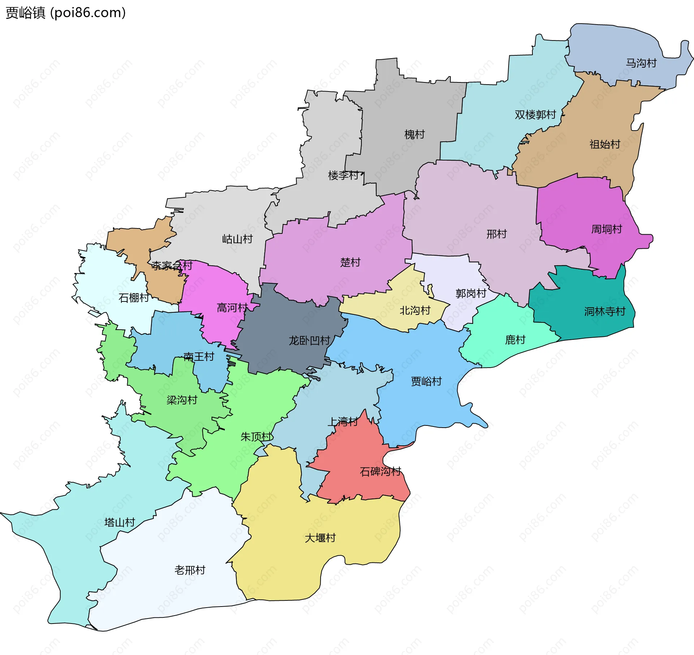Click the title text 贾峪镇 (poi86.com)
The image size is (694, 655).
[65, 13]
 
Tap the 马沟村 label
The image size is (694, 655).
[641, 63]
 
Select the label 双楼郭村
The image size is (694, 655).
[535, 115]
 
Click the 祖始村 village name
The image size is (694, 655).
[605, 145]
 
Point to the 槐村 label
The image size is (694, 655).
[414, 135]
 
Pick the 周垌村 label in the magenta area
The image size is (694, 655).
[606, 229]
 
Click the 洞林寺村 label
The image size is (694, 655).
[604, 312]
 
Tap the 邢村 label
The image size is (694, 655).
[496, 234]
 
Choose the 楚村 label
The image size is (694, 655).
[350, 262]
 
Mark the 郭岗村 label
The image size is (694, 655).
[471, 294]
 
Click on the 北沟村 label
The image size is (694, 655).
[415, 311]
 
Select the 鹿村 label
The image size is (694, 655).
[515, 340]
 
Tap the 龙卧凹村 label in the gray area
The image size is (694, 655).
[309, 341]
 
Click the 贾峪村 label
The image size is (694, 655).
[426, 381]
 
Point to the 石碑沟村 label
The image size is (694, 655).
[380, 471]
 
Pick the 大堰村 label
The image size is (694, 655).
[320, 538]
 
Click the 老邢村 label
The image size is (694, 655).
[190, 570]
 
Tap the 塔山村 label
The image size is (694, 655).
[119, 522]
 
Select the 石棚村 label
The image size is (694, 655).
[134, 298]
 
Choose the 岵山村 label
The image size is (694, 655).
[237, 239]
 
